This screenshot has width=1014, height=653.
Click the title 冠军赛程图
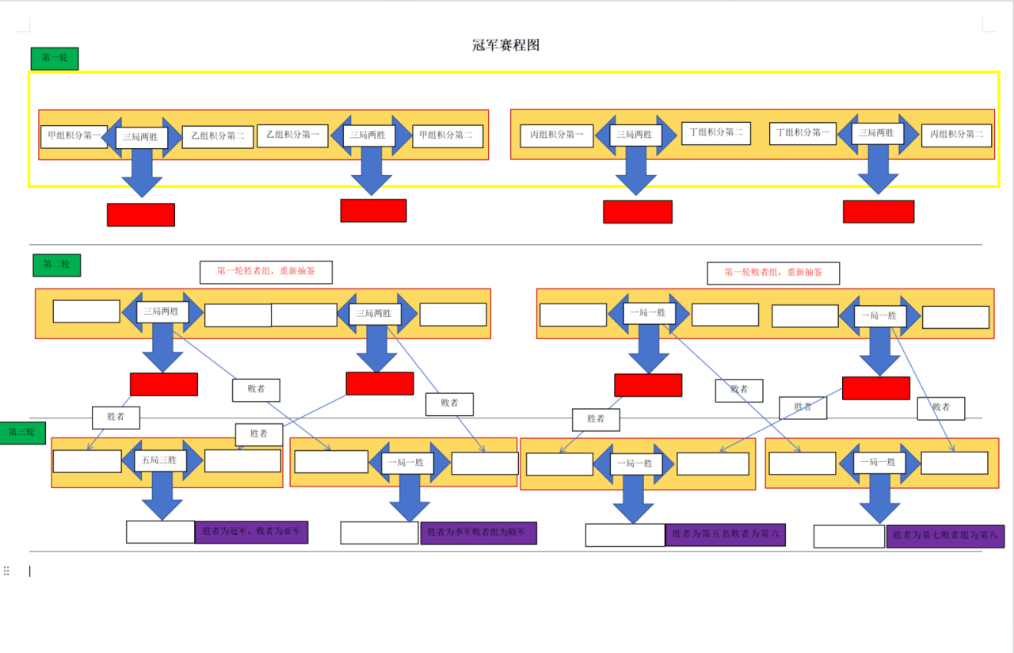tap(505, 45)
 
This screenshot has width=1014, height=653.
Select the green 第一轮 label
tap(55, 58)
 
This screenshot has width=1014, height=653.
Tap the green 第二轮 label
tap(57, 265)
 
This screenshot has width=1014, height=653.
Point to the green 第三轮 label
tap(22, 433)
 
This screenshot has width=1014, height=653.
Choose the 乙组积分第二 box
tap(218, 136)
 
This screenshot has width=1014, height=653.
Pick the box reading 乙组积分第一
tap(292, 135)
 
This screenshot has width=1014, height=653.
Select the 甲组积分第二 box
tap(447, 136)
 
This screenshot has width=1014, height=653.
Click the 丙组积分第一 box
tap(556, 136)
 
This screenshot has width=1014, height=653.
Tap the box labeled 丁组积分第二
tap(715, 132)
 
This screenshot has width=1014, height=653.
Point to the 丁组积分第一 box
tap(802, 133)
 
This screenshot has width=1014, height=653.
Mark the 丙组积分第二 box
tap(956, 135)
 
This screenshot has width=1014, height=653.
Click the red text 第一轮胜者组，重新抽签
tap(266, 272)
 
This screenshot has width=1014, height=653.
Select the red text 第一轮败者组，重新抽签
tap(773, 273)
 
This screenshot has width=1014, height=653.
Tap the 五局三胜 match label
tap(160, 460)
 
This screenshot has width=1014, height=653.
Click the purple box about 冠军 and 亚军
tap(251, 532)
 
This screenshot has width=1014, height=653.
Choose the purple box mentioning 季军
tap(478, 533)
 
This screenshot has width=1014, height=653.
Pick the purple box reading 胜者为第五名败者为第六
tap(725, 535)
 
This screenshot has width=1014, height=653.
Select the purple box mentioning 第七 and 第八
tap(945, 537)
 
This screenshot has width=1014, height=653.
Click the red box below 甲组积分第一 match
tap(141, 215)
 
